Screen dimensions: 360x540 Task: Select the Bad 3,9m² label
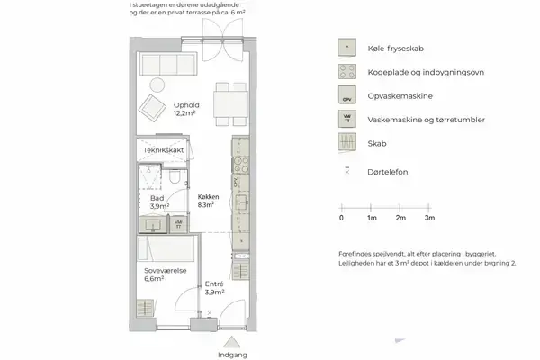[159, 202]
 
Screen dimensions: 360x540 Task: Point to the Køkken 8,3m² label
[209, 201]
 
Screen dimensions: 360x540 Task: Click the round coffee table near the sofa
[157, 85]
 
